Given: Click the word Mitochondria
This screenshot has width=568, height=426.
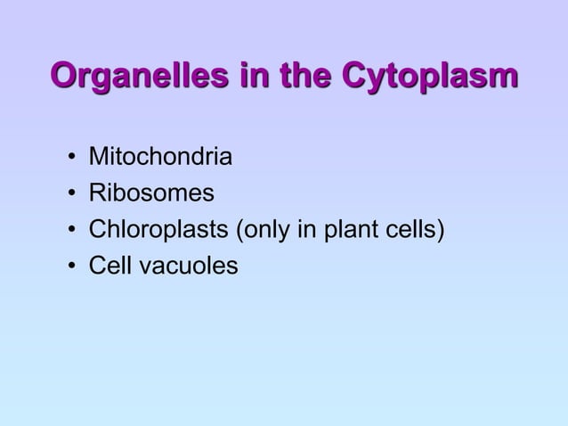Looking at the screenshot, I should point(160,159).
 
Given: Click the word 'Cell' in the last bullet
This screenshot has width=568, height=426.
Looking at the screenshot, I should point(106,266).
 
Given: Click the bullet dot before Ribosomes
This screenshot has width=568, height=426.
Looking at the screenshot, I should point(69,195).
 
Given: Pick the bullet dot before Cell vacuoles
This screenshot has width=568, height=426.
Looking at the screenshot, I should point(69,266).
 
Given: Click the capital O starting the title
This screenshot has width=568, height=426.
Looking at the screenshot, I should point(66,76).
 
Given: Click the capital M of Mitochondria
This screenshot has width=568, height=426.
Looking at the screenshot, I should point(96,159).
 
